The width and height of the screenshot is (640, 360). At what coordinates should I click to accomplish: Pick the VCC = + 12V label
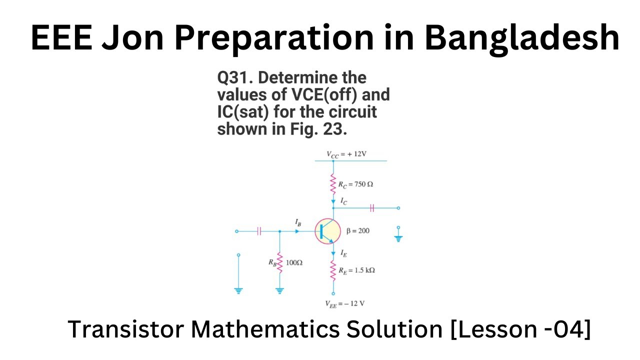pos(346,154)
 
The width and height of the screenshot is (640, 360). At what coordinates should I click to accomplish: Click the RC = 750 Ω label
pos(355,184)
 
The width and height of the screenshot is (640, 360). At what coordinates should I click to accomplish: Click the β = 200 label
pos(358,231)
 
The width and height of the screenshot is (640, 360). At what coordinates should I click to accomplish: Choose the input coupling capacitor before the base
pos(259,231)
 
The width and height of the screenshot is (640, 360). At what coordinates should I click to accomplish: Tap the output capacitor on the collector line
pos(371,207)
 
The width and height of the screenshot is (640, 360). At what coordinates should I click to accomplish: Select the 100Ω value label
pos(294,262)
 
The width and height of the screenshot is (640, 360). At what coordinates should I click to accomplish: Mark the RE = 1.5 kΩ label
pos(356,270)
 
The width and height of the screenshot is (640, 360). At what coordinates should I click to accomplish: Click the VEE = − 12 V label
pos(345,303)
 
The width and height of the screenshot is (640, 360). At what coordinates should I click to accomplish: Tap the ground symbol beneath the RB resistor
pos(279,290)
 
